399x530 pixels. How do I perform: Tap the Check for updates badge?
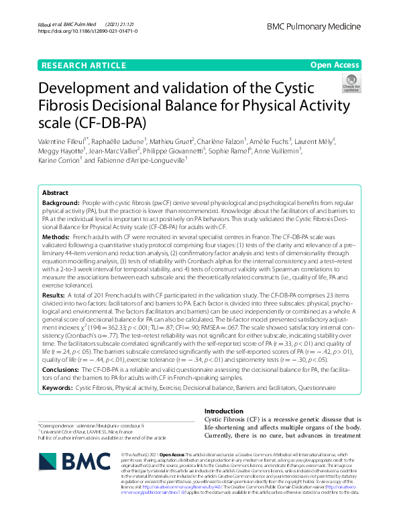click(x=350, y=83)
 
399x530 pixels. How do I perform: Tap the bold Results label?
click(x=54, y=295)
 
